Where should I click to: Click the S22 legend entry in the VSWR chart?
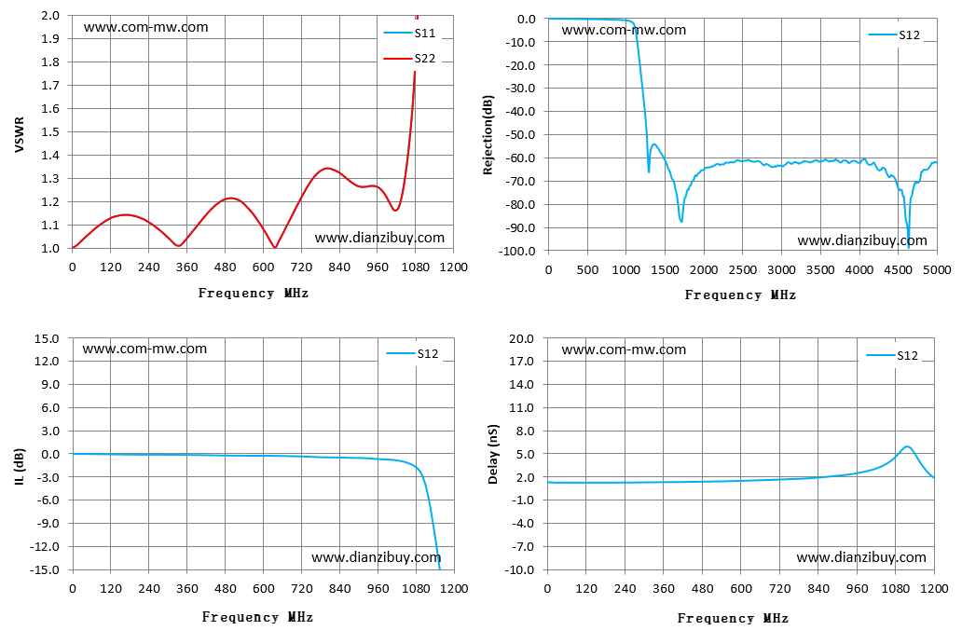tap(409, 59)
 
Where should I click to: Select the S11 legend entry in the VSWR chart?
tap(409, 34)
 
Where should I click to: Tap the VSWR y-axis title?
tap(19, 134)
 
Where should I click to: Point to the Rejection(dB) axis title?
tap(488, 135)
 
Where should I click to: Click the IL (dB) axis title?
tap(19, 467)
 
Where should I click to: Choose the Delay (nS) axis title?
tap(493, 454)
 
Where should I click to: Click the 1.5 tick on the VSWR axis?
tap(50, 131)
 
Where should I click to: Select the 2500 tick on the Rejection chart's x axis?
tap(742, 270)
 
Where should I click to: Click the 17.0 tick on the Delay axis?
tap(521, 362)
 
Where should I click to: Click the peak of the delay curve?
tap(907, 446)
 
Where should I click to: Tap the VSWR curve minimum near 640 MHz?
tap(274, 247)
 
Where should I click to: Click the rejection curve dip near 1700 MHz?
tap(681, 221)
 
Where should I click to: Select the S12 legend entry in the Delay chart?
tap(892, 356)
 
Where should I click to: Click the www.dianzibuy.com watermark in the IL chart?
tap(376, 557)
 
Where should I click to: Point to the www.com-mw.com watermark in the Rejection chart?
tap(624, 30)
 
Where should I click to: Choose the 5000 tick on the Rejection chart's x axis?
tap(937, 270)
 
